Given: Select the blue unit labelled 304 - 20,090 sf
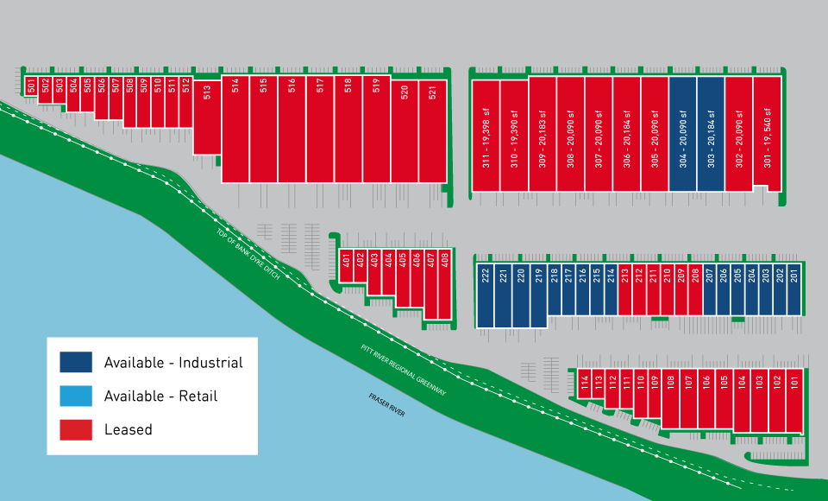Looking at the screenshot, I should coord(682,134).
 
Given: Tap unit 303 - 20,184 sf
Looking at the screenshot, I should coord(711,134).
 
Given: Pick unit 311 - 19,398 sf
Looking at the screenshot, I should coord(486,134).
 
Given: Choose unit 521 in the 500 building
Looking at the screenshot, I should coord(432,130).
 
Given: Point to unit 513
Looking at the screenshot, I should coord(207,117).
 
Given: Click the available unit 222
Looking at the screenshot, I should coord(486,294).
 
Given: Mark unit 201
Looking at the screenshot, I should coord(793,289).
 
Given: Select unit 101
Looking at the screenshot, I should coord(794,401).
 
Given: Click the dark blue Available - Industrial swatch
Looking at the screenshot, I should coord(76,362).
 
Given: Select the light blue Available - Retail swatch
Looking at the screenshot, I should coord(76,396).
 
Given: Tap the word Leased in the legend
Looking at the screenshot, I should coord(128,429).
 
